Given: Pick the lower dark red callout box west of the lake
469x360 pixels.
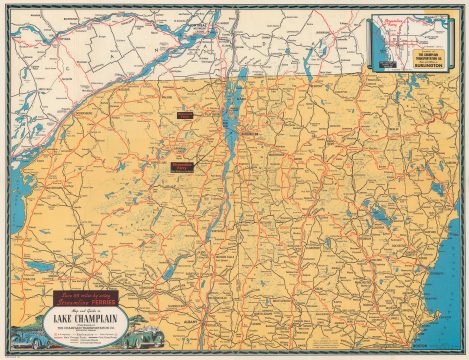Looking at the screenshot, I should [x=183, y=166].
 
